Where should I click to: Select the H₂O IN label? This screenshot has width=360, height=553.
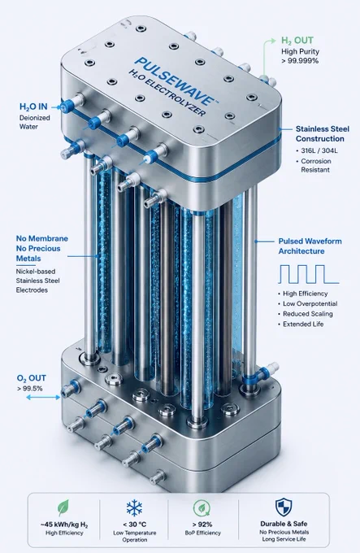[x=33, y=107]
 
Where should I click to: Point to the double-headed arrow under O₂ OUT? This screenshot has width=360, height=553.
[x=43, y=398]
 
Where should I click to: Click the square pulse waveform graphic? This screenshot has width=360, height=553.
[x=309, y=274]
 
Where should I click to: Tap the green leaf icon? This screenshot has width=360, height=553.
[x=63, y=508]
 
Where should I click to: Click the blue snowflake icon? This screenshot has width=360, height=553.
[x=134, y=508]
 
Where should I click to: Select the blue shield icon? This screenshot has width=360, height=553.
[x=284, y=507]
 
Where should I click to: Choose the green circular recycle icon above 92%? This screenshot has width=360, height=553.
[x=202, y=508]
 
